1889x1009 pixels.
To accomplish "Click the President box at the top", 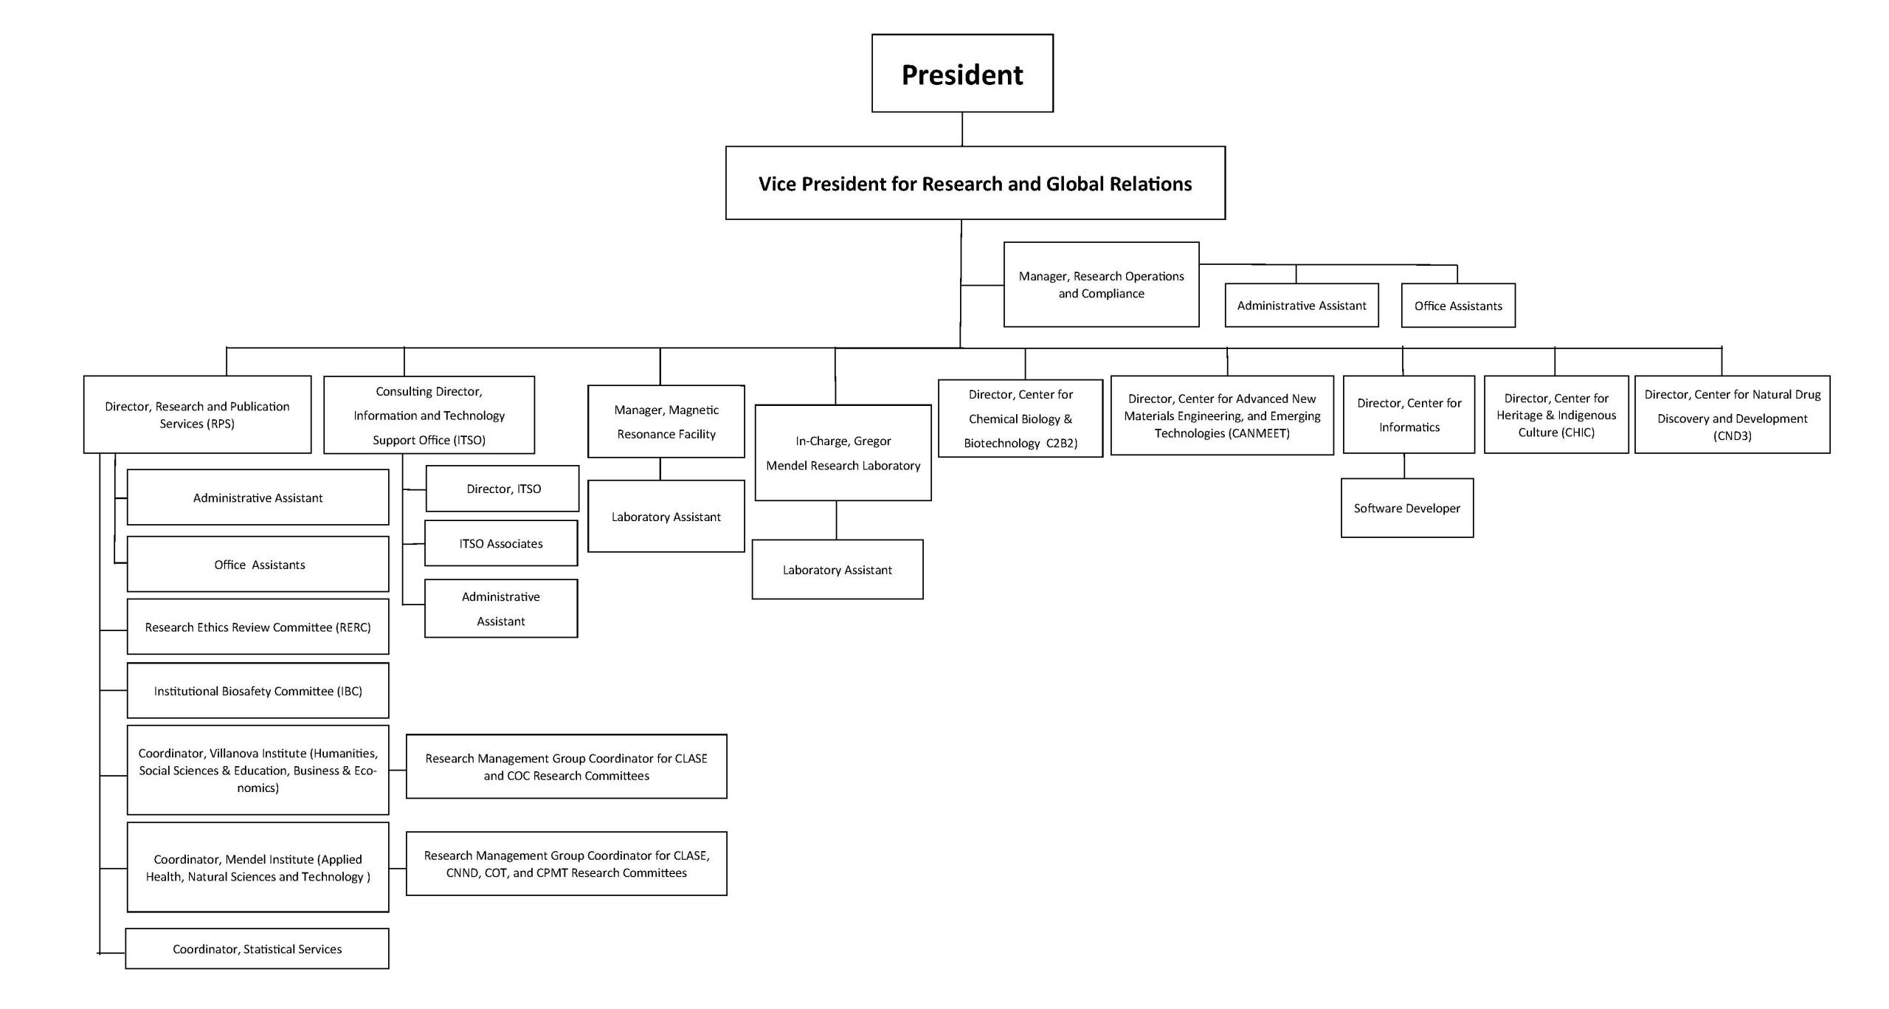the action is coord(962,73).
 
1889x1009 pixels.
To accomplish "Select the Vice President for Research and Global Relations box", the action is coord(975,183).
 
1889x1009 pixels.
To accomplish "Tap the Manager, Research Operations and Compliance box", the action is coord(1101,284).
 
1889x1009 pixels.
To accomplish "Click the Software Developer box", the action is coord(1407,508).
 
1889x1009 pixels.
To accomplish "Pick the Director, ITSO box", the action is coord(503,488).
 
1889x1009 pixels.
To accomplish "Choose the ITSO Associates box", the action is coord(501,543).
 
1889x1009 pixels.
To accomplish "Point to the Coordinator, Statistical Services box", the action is coord(257,948).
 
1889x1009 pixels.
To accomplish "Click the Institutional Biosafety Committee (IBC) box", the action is coord(258,690).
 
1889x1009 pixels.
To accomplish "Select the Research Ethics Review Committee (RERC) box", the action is coord(258,627).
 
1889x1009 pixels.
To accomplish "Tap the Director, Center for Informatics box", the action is coord(1409,414).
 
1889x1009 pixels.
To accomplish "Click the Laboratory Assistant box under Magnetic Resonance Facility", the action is coord(666,516).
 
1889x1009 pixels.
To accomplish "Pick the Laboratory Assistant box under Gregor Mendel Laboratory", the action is coord(838,569).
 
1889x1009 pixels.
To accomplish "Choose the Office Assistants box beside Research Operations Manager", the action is coord(1458,306).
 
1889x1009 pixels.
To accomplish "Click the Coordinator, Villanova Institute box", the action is coord(258,770).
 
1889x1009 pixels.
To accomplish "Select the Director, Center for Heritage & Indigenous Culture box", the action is coord(1556,414).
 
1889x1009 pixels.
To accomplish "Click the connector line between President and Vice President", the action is coord(962,129).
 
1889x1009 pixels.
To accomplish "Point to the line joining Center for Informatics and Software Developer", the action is coord(1404,466).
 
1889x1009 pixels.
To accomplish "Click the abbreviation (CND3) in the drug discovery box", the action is coord(1732,435).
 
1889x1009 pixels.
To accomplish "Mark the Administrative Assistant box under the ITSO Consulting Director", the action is coord(501,608).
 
